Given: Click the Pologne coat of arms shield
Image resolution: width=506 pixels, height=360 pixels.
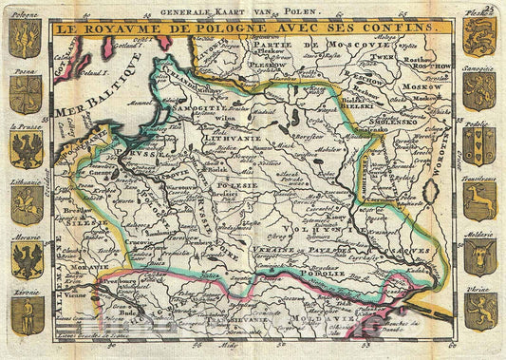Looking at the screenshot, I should pos(26,38).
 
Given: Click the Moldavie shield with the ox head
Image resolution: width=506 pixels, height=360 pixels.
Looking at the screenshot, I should pos(479,258).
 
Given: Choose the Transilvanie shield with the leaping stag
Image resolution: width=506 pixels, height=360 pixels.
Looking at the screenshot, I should pos(479,201).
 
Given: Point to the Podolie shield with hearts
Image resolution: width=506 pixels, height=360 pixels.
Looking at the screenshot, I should pos(479,146).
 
